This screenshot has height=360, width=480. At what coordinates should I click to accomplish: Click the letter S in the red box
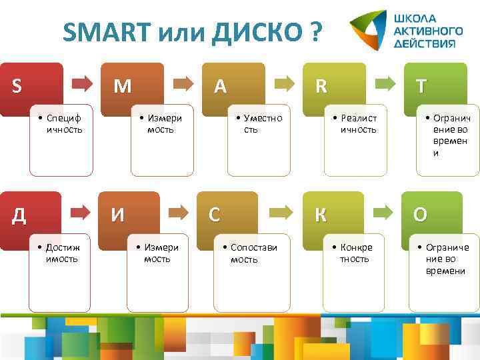click(17, 86)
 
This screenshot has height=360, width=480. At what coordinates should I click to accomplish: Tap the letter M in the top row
click(122, 86)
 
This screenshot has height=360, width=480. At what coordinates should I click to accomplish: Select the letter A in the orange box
click(219, 86)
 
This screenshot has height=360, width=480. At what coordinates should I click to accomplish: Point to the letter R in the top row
click(321, 86)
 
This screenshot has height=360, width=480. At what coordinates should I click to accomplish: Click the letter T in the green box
click(421, 86)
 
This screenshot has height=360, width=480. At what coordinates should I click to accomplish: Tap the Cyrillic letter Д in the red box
click(20, 215)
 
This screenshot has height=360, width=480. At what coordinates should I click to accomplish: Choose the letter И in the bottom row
click(117, 215)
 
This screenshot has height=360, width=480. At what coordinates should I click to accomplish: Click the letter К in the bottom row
click(321, 215)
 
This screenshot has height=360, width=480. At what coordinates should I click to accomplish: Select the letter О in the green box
click(421, 215)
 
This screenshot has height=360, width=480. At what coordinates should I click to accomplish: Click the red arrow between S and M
click(83, 83)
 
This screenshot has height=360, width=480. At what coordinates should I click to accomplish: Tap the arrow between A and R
click(285, 83)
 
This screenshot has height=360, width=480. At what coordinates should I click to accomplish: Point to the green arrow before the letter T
click(385, 83)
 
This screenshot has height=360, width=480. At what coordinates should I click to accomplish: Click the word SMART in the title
click(108, 31)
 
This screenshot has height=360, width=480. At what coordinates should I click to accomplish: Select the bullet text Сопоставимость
click(253, 253)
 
